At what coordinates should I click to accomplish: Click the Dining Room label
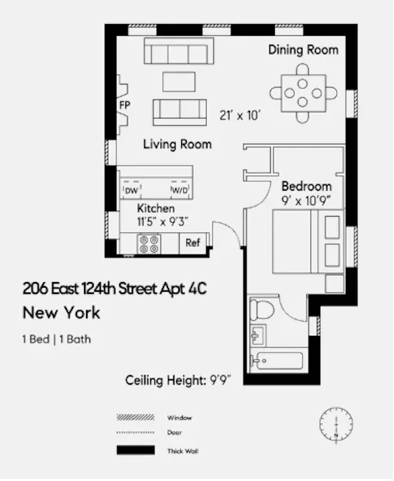pos(303,50)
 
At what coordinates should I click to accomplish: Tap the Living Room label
pos(177,145)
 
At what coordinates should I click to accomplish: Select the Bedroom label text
pos(307,186)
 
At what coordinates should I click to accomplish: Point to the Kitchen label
pos(156,208)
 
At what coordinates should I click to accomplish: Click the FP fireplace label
pos(125,105)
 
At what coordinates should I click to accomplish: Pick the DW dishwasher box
pos(131,190)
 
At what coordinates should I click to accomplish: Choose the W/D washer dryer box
pos(179,190)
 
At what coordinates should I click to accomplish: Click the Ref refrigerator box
pos(192,243)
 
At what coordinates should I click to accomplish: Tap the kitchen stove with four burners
pos(149,244)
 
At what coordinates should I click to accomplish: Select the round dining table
pos(303,92)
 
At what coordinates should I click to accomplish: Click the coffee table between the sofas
pos(178,81)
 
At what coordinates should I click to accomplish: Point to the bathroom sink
pos(260,336)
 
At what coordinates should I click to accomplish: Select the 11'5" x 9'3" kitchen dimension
pos(163,222)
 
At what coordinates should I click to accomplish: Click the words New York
pos(61,313)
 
